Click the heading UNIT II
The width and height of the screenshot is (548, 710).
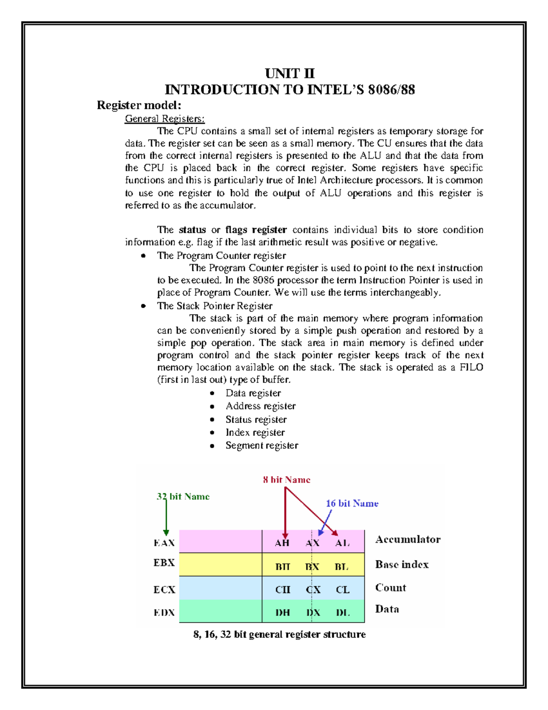pos(290,74)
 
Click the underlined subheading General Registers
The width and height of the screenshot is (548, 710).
pos(164,119)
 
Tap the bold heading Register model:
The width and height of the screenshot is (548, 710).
pos(139,105)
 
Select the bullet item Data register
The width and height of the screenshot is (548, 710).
pos(253,393)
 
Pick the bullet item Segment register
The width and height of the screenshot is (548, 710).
pos(262,445)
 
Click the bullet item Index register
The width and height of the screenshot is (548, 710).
pos(255,432)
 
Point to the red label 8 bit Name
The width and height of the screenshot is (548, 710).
pos(286,480)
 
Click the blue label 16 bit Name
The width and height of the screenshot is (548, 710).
pos(352,503)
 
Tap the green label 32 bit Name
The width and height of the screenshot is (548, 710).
pos(183,496)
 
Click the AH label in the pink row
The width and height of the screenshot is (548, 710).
pos(282,543)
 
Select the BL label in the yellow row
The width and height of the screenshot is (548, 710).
pos(342,567)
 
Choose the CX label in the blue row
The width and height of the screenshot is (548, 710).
pos(313,590)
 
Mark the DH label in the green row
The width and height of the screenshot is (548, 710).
pos(282,613)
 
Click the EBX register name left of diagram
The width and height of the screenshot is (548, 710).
pos(164,563)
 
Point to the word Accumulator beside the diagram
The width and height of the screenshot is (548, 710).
pos(407,539)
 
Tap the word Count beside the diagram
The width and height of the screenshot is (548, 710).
pos(390,588)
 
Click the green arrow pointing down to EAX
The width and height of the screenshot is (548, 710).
pos(166,517)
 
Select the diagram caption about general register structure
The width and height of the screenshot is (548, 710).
pos(279,635)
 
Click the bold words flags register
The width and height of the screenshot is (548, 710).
pos(256,230)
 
